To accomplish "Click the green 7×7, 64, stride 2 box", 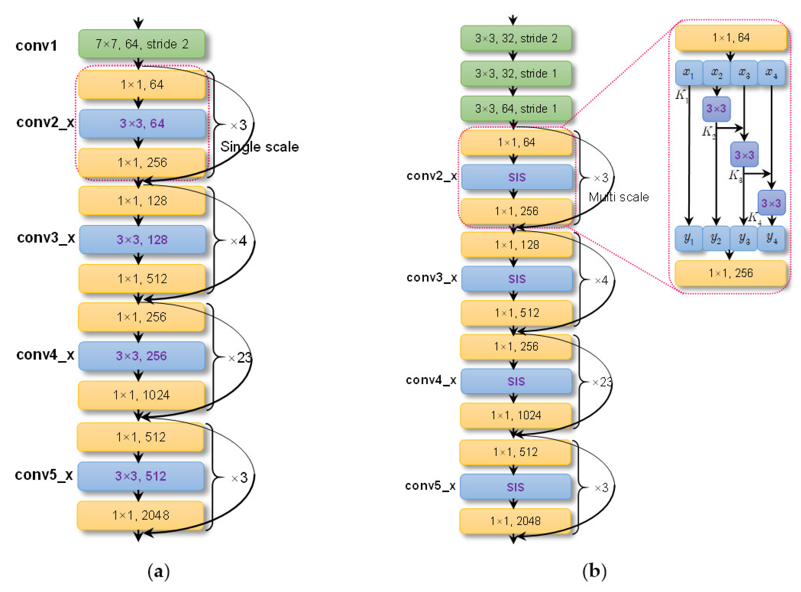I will [x=142, y=44].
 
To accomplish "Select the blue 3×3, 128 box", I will [x=142, y=239].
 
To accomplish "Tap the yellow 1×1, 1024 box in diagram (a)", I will [x=141, y=395].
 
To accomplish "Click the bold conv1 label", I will [x=36, y=46].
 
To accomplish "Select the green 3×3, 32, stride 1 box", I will [x=516, y=73].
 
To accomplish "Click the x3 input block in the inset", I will [x=744, y=73].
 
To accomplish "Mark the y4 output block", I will [x=771, y=238].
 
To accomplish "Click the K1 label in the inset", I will [x=681, y=95].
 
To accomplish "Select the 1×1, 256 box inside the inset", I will [x=731, y=273].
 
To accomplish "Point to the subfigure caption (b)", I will [x=594, y=570].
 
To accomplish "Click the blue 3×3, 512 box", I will [x=141, y=476].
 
